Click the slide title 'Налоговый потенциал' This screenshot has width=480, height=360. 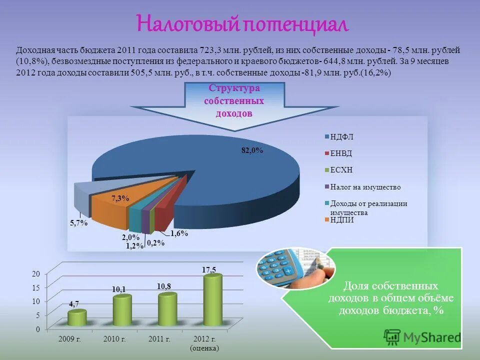tap(242, 24)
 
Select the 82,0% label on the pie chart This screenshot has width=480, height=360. tap(252, 150)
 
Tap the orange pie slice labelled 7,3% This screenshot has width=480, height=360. tap(112, 210)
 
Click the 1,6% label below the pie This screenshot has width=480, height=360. tap(178, 233)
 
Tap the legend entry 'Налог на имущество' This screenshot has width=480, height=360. tap(364, 187)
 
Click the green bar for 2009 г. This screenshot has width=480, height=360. tap(77, 319)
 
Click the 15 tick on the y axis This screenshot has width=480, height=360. tap(35, 287)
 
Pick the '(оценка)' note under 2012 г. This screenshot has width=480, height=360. tap(204, 348)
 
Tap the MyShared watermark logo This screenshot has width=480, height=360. tap(423, 337)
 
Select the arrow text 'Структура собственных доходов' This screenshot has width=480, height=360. tap(234, 100)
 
